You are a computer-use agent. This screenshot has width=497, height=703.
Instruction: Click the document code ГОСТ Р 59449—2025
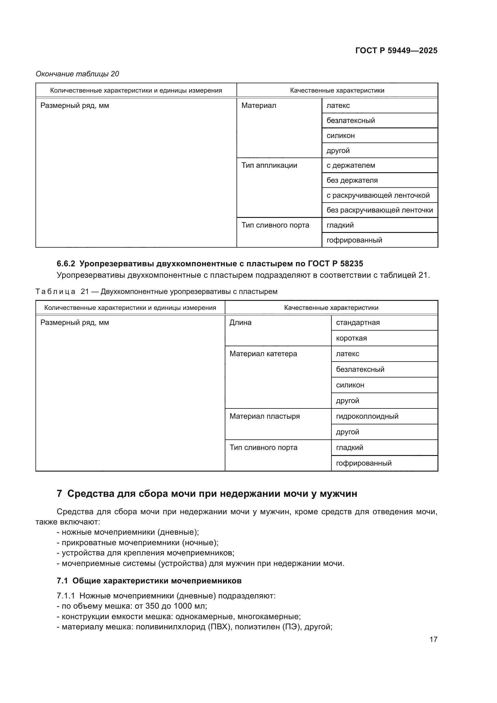(x=396, y=50)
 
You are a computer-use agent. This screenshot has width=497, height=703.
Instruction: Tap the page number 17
(x=433, y=639)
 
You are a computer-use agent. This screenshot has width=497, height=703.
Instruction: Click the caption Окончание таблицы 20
(x=78, y=74)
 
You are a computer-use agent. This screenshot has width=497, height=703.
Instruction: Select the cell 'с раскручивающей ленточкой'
(x=378, y=195)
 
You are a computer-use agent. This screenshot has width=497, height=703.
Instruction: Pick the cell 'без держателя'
(x=352, y=180)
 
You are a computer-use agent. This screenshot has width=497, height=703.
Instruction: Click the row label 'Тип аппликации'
(x=269, y=165)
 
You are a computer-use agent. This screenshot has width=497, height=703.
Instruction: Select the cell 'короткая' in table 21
(x=351, y=338)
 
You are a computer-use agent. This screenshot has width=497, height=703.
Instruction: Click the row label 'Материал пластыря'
(x=264, y=416)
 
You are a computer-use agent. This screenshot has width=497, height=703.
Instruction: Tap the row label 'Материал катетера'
(x=263, y=354)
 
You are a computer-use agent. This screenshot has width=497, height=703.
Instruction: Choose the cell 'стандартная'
(x=358, y=322)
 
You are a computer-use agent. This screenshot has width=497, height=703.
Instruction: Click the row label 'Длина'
(x=240, y=322)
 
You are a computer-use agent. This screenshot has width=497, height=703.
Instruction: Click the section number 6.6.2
(x=66, y=263)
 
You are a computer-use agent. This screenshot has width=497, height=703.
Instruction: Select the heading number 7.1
(x=62, y=581)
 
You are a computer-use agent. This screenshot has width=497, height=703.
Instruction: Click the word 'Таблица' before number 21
(x=55, y=292)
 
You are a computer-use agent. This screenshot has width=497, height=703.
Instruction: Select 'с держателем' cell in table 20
(x=350, y=165)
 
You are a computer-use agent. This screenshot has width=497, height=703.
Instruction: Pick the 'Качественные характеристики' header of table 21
(x=331, y=308)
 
